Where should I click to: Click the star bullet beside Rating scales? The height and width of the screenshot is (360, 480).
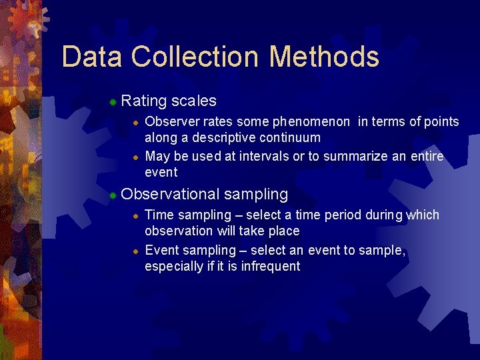tap(113, 102)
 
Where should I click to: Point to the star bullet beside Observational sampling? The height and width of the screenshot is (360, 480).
tap(113, 195)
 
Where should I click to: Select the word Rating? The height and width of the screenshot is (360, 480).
tap(144, 101)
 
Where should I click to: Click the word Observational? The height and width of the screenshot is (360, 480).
tap(170, 195)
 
